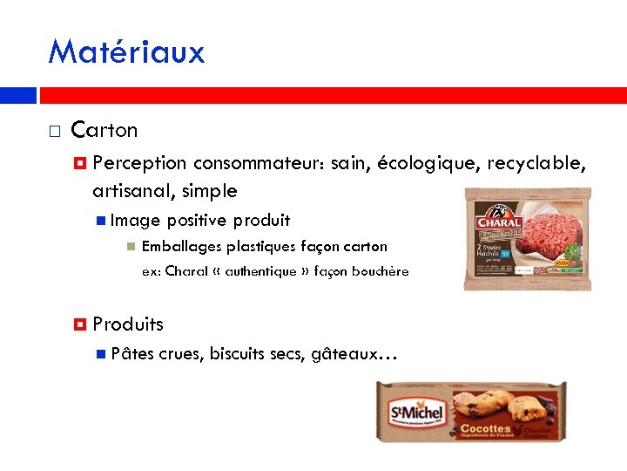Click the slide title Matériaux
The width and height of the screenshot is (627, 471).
(126, 51)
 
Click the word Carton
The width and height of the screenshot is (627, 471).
(104, 130)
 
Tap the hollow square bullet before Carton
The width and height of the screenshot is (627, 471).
(54, 132)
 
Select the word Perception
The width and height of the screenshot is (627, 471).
(139, 163)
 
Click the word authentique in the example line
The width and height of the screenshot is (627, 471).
(260, 271)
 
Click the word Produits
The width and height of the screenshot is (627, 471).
(128, 324)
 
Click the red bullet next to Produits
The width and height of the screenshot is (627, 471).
(80, 324)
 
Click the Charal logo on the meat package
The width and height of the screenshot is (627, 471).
(497, 218)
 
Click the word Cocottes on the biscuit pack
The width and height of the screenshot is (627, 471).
(484, 428)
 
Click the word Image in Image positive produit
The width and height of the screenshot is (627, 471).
(130, 221)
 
